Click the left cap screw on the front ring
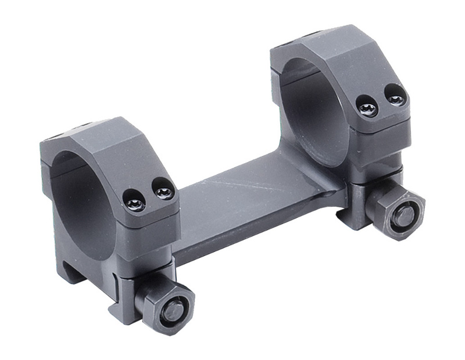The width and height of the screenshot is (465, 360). (135, 203)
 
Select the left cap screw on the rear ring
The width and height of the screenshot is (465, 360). (368, 108)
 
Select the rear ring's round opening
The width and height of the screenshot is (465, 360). (314, 105)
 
